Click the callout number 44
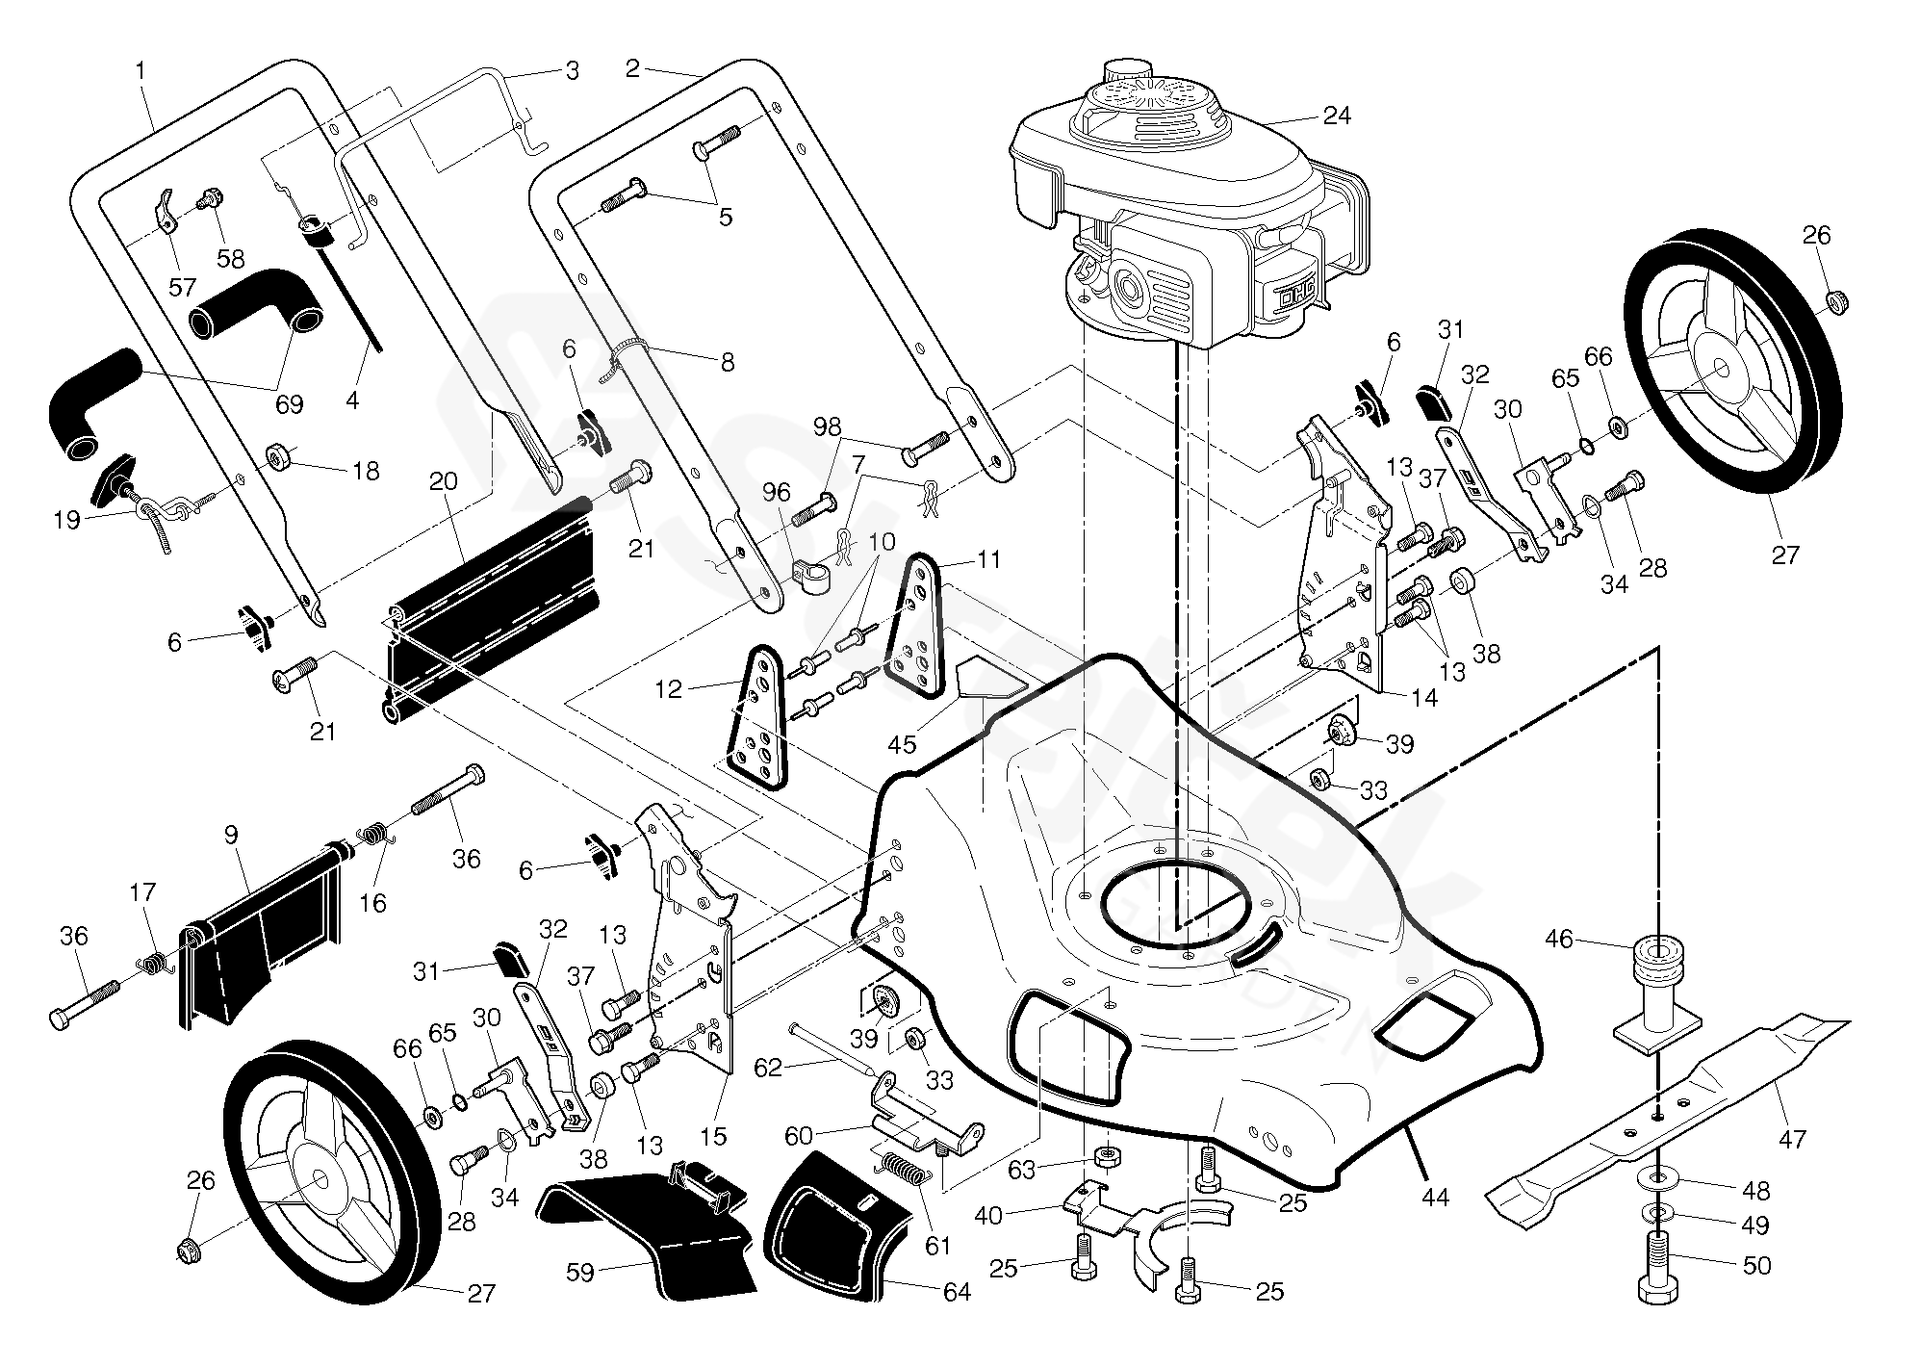1434,1198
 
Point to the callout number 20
443,481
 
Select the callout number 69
289,404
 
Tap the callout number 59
579,1273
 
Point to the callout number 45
902,743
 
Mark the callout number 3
572,71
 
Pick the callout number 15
712,1136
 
